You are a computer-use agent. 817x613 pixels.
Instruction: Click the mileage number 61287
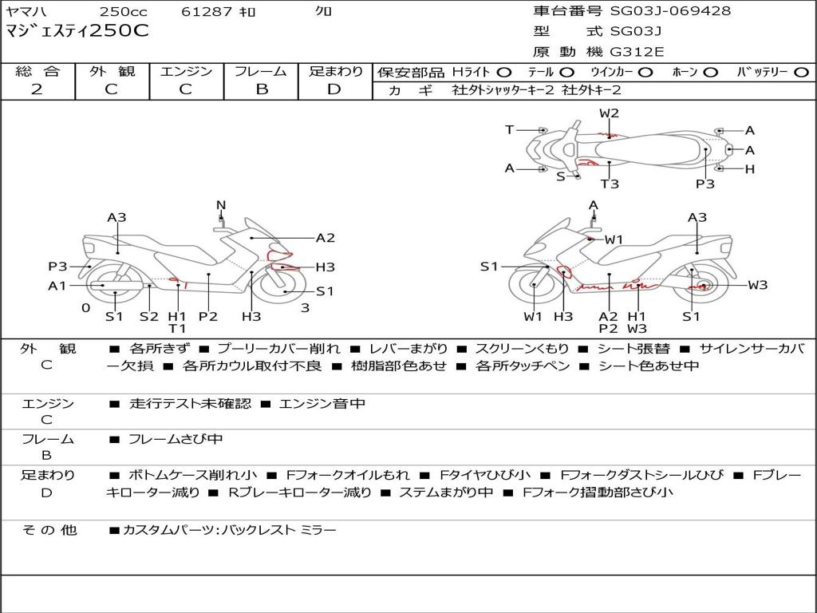point(206,11)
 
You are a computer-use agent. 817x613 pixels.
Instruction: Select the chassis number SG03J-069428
point(658,11)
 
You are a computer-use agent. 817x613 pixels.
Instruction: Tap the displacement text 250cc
point(124,11)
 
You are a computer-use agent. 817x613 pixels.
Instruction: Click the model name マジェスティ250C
point(77,32)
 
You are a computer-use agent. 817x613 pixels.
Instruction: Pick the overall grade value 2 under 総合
point(37,89)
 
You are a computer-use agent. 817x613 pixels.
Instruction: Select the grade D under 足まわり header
point(334,89)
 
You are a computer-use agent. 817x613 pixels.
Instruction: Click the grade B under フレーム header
point(260,89)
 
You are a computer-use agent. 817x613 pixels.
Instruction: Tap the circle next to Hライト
point(504,72)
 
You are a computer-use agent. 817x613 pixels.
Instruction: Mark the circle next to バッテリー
point(801,72)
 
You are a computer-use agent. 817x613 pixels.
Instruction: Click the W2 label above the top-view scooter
point(610,113)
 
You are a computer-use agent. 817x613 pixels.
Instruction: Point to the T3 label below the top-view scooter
point(610,184)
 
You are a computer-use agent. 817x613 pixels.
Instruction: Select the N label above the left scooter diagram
point(221,205)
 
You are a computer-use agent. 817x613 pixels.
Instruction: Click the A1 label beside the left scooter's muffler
point(57,286)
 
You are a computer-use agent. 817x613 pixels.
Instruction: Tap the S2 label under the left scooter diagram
point(149,316)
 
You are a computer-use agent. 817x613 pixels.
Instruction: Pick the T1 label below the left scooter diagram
point(177,328)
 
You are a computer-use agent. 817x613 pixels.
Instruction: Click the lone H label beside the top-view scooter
point(749,169)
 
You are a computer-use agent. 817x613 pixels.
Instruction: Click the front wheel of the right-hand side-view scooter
point(532,286)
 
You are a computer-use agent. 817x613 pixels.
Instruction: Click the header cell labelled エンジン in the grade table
point(186,72)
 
